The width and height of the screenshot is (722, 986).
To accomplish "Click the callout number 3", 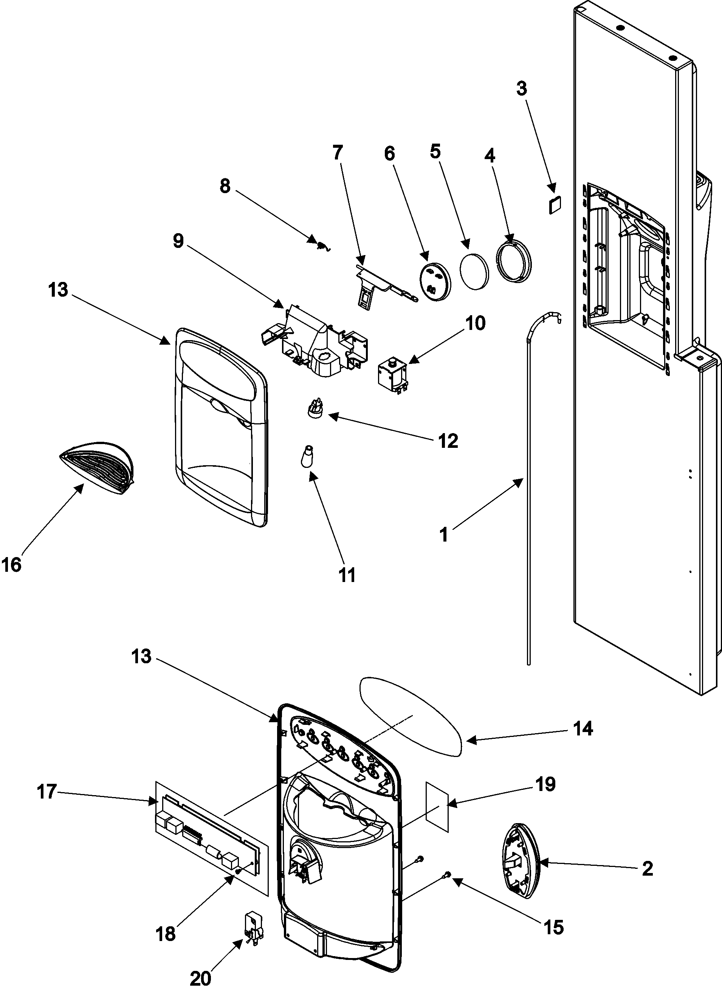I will click(x=521, y=89).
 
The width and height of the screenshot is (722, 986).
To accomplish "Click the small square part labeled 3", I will click(x=555, y=204).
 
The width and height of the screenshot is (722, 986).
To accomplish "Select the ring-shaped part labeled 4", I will click(x=514, y=263).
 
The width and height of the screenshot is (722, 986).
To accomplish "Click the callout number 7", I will click(x=338, y=153).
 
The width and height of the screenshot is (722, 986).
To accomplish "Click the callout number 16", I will click(x=11, y=565).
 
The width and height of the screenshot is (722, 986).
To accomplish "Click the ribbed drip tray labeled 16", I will click(x=97, y=468).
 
